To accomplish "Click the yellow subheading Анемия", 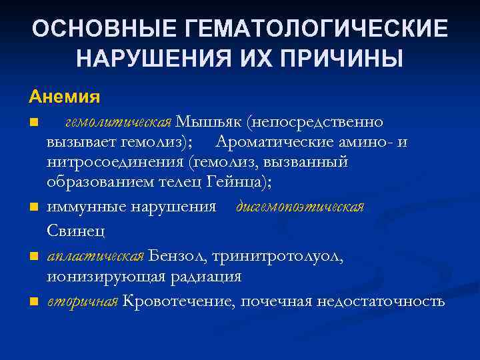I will pos(65,97).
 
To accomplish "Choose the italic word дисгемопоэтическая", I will pos(300,207).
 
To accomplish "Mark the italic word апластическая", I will pos(96,257).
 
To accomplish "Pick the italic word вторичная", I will pos(83,301).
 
